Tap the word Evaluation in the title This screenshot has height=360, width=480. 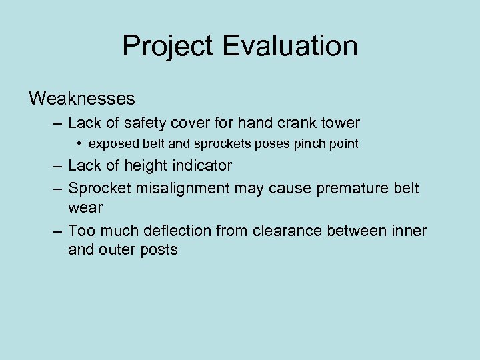click(290, 47)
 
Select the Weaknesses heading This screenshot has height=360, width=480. click(82, 99)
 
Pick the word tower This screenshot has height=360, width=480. click(339, 123)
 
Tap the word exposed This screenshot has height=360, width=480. click(114, 144)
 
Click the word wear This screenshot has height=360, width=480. click(85, 207)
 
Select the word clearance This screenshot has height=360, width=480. click(291, 231)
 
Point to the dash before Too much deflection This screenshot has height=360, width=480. click(56, 231)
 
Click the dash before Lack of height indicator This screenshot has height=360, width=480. click(56, 165)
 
